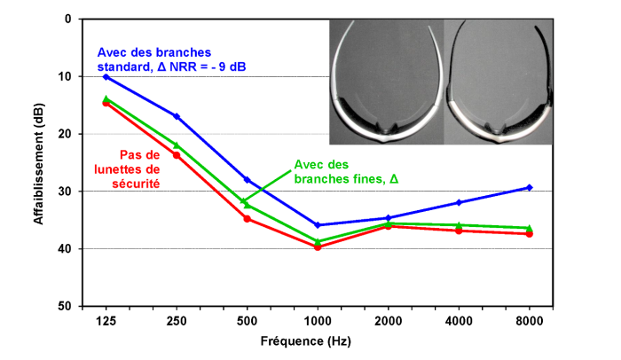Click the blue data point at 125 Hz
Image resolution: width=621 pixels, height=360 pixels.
pyautogui.click(x=106, y=77)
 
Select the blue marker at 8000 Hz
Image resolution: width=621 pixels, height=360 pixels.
pyautogui.click(x=530, y=187)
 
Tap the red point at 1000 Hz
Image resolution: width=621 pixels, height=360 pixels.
pyautogui.click(x=318, y=247)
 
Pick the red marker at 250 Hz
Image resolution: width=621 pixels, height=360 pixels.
pyautogui.click(x=177, y=155)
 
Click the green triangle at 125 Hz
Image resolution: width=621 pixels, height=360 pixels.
pyautogui.click(x=106, y=98)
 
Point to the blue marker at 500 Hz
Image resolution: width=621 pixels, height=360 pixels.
pyautogui.click(x=247, y=180)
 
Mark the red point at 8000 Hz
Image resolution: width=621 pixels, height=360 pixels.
pyautogui.click(x=530, y=233)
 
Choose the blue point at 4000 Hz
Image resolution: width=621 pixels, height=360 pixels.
pyautogui.click(x=459, y=202)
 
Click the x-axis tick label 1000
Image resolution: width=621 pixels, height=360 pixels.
pyautogui.click(x=318, y=320)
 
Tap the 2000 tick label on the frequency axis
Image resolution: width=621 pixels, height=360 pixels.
pyautogui.click(x=388, y=320)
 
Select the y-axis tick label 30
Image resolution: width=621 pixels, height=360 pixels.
pyautogui.click(x=66, y=192)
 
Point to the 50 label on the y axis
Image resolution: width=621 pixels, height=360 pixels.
pyautogui.click(x=66, y=306)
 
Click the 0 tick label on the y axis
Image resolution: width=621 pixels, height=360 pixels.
pyautogui.click(x=69, y=19)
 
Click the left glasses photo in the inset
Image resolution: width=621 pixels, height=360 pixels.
pyautogui.click(x=385, y=82)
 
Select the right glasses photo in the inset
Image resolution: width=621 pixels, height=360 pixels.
pyautogui.click(x=499, y=82)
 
